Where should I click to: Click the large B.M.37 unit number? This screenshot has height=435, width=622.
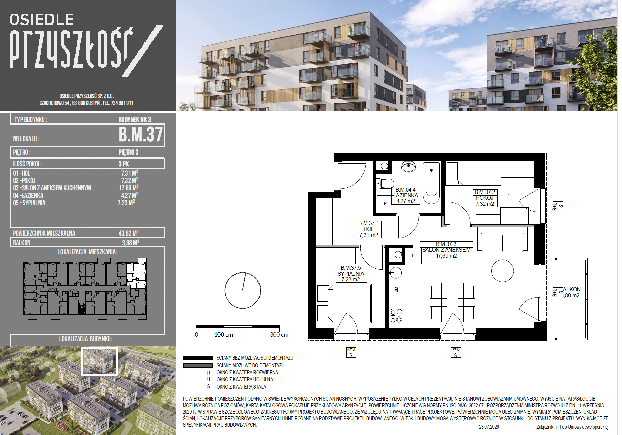[x=141, y=135]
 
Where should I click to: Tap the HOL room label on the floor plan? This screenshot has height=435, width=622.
[x=369, y=229]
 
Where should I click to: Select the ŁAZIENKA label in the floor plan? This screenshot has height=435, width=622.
[x=406, y=195]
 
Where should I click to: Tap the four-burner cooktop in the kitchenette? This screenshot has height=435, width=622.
[x=397, y=316]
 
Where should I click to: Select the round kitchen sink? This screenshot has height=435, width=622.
[x=396, y=273]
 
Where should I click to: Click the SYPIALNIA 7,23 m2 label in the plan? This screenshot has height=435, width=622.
[x=351, y=274]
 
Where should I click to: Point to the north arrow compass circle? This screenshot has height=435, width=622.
[x=243, y=290]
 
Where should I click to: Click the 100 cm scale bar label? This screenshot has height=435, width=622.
[x=224, y=335]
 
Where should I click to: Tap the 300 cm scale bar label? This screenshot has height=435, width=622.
[x=279, y=335]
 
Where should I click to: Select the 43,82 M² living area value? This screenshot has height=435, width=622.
[x=129, y=233]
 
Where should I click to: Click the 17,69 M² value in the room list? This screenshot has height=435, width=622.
[x=129, y=188]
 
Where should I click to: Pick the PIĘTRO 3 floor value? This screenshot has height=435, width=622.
[x=128, y=152]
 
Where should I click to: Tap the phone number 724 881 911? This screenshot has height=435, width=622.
[x=122, y=103]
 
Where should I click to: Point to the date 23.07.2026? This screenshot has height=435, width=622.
[x=489, y=427]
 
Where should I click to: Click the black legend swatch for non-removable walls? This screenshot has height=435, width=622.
[x=198, y=358]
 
